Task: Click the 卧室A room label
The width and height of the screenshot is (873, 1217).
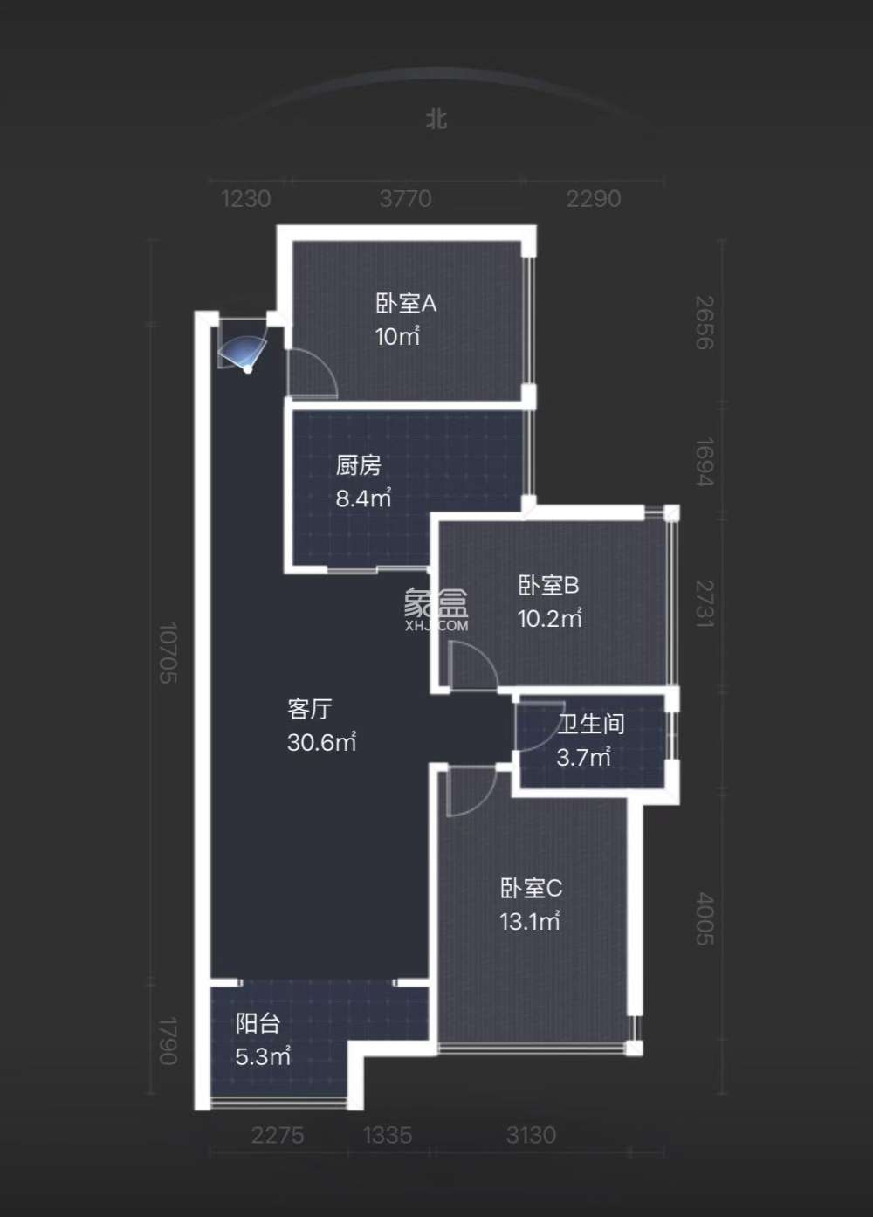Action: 405,304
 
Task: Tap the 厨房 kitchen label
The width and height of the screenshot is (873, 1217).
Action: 358,465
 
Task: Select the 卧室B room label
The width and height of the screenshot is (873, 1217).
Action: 547,585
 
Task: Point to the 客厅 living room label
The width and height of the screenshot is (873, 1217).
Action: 309,709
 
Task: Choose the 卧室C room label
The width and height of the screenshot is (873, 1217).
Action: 531,889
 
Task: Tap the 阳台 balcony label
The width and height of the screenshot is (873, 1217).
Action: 257,1023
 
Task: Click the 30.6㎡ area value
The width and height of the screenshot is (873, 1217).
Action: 321,743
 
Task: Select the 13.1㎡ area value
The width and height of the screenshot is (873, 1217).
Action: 529,921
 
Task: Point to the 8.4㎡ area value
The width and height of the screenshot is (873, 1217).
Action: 363,498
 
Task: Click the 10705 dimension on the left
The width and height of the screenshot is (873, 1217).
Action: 168,652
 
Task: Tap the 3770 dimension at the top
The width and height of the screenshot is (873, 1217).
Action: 405,199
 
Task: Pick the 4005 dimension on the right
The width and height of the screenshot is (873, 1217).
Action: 705,918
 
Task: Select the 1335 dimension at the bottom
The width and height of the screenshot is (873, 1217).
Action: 387,1135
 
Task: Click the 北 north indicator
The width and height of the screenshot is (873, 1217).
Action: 436,118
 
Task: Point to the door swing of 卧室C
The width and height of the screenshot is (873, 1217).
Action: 469,791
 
